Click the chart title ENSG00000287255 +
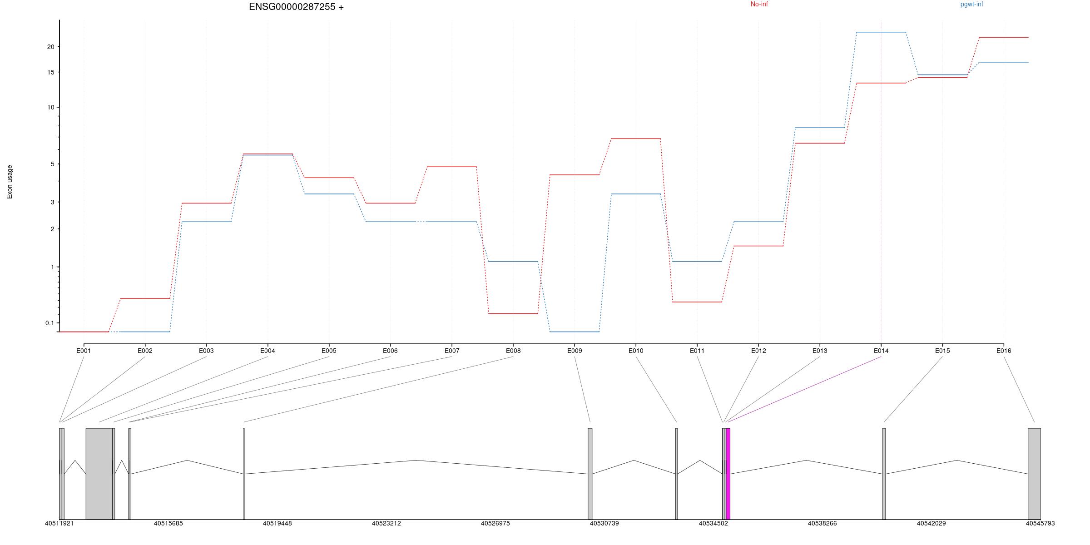296,7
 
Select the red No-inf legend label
759,5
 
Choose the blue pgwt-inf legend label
971,5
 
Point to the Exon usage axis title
10,182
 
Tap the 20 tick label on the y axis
50,47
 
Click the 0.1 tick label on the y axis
50,323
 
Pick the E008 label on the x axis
513,351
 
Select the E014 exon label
881,351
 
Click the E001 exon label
84,351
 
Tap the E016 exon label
1004,351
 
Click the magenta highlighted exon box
728,473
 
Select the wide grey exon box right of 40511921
99,473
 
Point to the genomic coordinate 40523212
386,524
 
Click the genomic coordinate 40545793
1040,524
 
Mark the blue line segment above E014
881,32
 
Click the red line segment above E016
1004,37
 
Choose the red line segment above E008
513,313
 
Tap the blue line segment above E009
575,332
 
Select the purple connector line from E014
804,389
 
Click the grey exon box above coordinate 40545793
1034,473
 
